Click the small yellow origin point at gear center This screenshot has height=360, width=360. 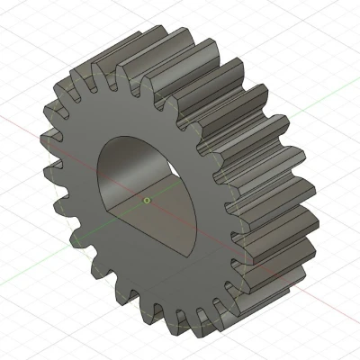click(147, 201)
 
